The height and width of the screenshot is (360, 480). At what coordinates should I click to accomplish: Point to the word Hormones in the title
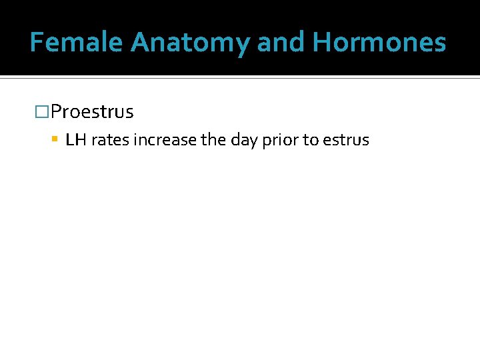pos(379,43)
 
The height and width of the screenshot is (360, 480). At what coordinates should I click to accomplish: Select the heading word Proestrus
pos(92,112)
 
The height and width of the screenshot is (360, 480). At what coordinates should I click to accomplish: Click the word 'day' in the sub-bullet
pos(243,140)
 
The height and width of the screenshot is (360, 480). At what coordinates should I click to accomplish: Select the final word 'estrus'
pos(346,140)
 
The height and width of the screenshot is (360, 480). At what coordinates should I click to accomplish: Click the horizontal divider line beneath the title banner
pos(240,77)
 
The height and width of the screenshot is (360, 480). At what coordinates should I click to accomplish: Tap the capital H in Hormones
pos(322,43)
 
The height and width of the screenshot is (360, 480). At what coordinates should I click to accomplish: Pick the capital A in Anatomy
pos(141,43)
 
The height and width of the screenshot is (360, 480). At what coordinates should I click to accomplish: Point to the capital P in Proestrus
pos(56,112)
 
